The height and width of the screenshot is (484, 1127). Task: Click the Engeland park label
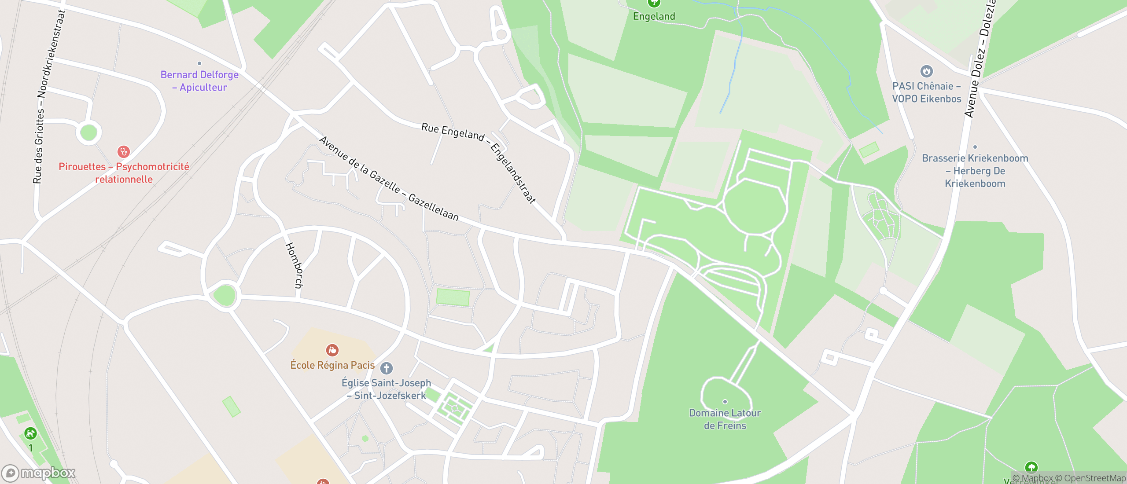point(654,16)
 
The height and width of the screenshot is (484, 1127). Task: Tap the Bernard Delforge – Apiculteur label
point(199,81)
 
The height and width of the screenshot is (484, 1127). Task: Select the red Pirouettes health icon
point(124,152)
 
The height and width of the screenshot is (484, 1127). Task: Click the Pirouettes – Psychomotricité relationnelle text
point(124,173)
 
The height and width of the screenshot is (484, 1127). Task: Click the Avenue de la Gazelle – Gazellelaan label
point(389,179)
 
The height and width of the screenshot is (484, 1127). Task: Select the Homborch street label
point(295,265)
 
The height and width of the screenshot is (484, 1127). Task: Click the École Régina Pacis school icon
point(332,350)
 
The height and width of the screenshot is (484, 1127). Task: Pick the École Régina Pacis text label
point(332,365)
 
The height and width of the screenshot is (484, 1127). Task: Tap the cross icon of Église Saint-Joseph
point(387,368)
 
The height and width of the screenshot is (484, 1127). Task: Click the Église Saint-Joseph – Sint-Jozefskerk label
point(386,389)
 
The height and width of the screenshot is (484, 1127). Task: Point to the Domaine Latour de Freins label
point(725,419)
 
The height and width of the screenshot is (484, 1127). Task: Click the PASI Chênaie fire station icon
point(926,71)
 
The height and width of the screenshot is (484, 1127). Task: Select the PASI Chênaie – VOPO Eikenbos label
point(926,92)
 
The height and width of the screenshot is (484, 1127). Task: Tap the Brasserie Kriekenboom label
point(975,171)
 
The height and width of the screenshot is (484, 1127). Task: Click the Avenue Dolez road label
point(980,62)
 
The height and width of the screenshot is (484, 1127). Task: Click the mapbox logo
point(39,473)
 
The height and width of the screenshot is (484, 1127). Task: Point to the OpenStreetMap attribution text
point(1094,478)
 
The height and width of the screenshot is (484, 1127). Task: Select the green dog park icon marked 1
point(30,433)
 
